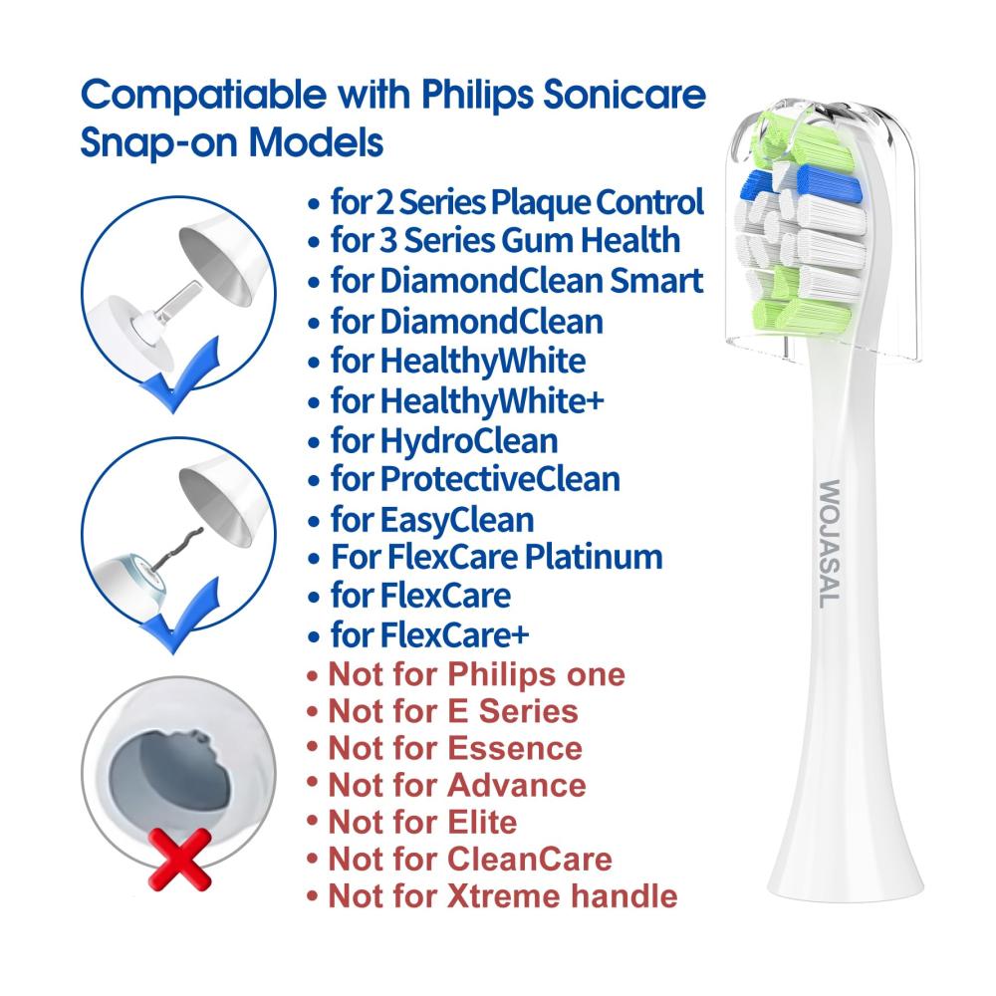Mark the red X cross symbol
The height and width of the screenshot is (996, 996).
click(x=179, y=860)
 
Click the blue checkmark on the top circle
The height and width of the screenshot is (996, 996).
click(x=179, y=376)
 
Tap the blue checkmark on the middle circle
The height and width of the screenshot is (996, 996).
click(x=179, y=617)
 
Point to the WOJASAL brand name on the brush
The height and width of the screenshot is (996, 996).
click(x=830, y=544)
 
